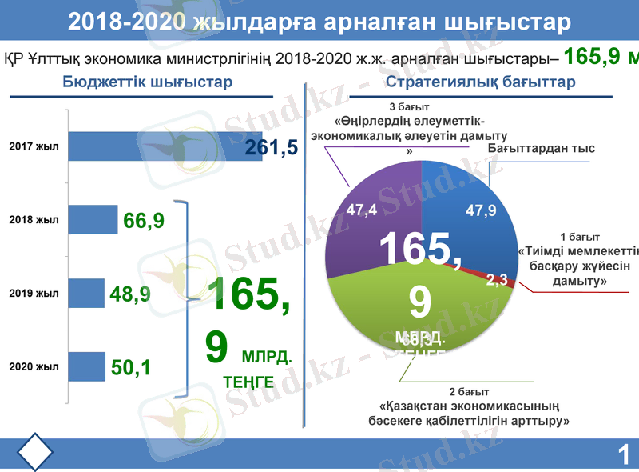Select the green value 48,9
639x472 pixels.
pyautogui.click(x=130, y=295)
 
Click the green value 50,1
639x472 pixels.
pyautogui.click(x=132, y=368)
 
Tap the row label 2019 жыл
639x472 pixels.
pyautogui.click(x=34, y=294)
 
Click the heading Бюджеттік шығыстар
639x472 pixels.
pyautogui.click(x=148, y=82)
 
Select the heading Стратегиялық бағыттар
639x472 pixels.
pyautogui.click(x=480, y=82)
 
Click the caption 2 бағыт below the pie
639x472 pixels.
pyautogui.click(x=469, y=392)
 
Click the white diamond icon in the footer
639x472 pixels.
pyautogui.click(x=34, y=453)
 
